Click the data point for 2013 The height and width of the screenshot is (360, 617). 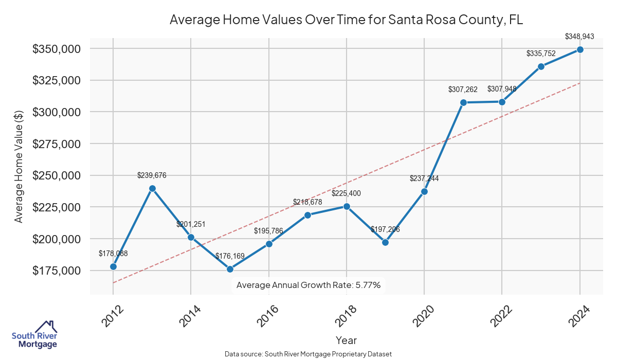[x=152, y=188]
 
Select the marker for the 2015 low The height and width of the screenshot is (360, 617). [x=230, y=269]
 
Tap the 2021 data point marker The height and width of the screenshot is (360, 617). [x=463, y=102]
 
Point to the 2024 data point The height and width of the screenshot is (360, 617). [x=580, y=49]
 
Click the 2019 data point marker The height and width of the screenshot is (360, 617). [x=385, y=242]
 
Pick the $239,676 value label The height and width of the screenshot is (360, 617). [x=152, y=175]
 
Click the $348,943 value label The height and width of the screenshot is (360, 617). [x=579, y=37]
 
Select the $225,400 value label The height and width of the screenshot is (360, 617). [x=347, y=194]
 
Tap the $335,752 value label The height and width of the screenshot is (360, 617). [x=541, y=53]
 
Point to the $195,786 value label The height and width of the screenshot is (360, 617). [x=268, y=231]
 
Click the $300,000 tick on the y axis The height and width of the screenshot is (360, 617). [x=57, y=112]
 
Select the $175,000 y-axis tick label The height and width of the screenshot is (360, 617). [x=57, y=271]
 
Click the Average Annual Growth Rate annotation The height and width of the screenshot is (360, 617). [x=308, y=285]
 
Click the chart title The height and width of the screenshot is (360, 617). [x=346, y=20]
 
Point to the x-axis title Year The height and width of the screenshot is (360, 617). [x=346, y=340]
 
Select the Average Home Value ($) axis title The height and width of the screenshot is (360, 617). [x=19, y=166]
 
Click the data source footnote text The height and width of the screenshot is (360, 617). [x=308, y=354]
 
